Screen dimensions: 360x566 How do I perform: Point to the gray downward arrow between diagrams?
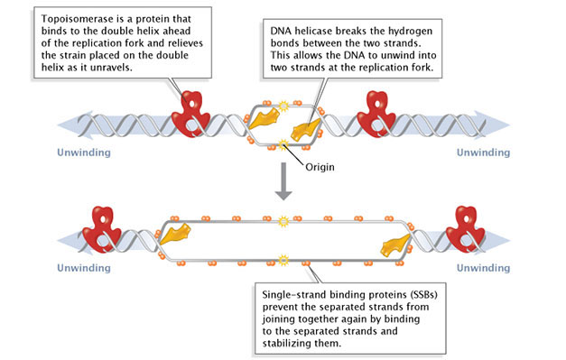point(283,186)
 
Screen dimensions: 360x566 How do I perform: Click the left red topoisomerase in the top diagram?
point(192,112)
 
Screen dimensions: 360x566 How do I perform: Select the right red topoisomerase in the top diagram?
point(376,112)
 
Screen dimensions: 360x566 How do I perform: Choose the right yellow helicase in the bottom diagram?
point(394,245)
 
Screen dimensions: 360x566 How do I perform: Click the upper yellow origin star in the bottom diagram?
point(283,219)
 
